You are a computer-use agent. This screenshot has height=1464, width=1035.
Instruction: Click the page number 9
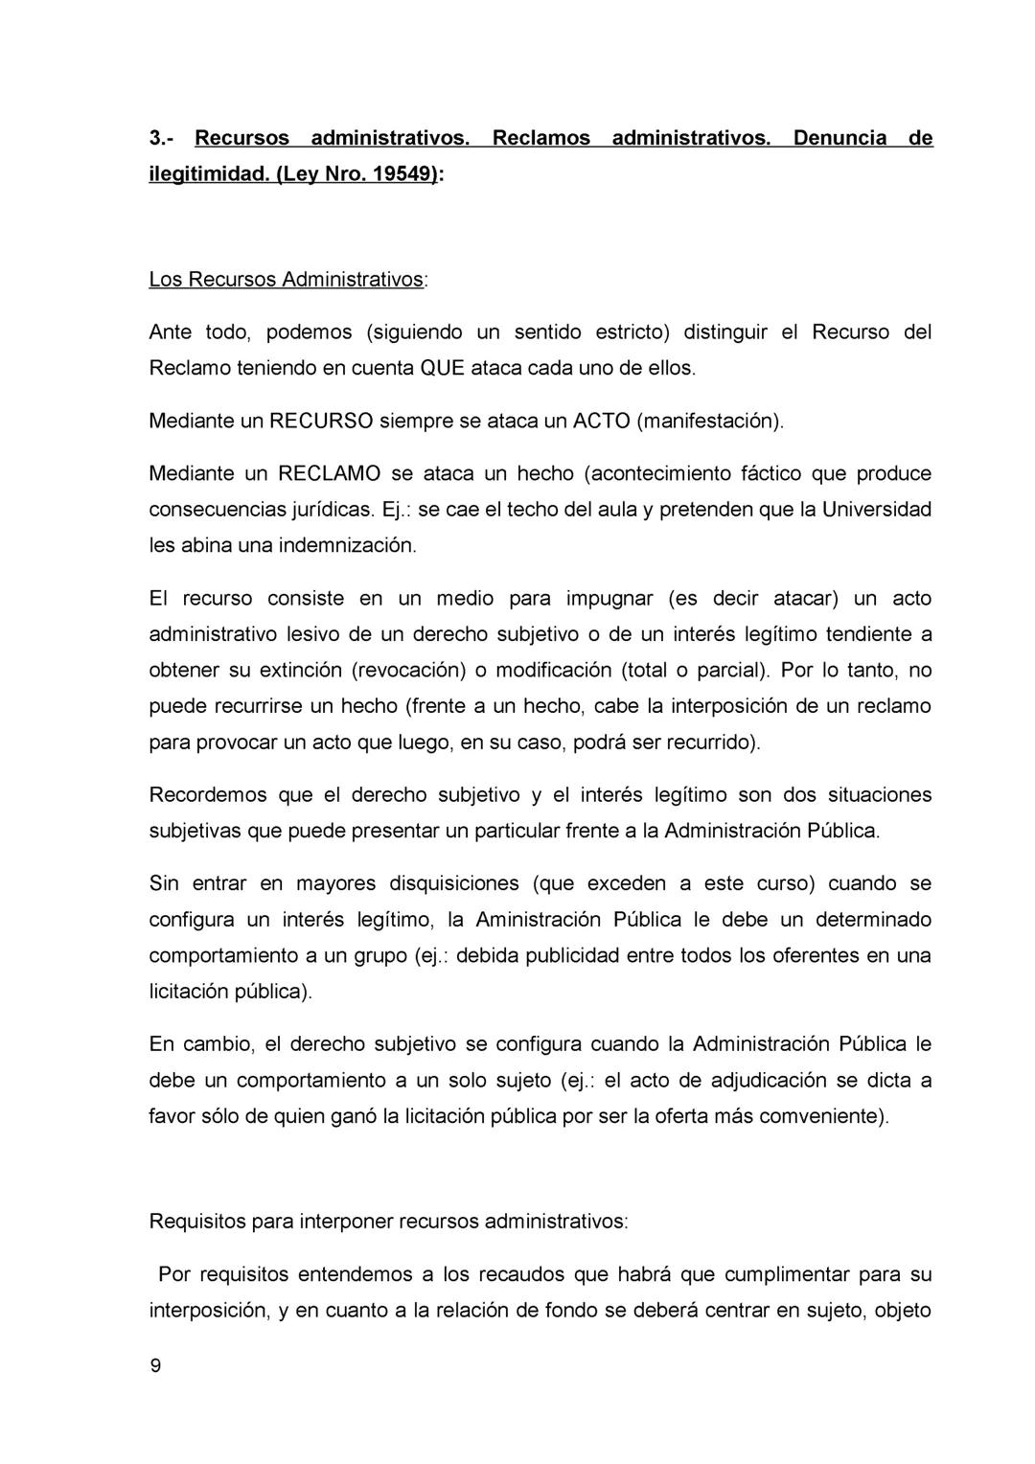(155, 1367)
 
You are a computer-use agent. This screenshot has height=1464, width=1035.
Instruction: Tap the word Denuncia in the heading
(839, 138)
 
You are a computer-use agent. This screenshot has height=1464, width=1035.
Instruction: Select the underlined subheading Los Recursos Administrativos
(287, 280)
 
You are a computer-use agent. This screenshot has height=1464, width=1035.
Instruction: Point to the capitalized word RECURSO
(321, 421)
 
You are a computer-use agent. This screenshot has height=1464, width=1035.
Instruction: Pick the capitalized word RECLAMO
(330, 473)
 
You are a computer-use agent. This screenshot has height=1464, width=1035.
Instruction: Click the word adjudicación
(770, 1081)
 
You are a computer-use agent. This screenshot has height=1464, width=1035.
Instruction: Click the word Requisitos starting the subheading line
(197, 1223)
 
